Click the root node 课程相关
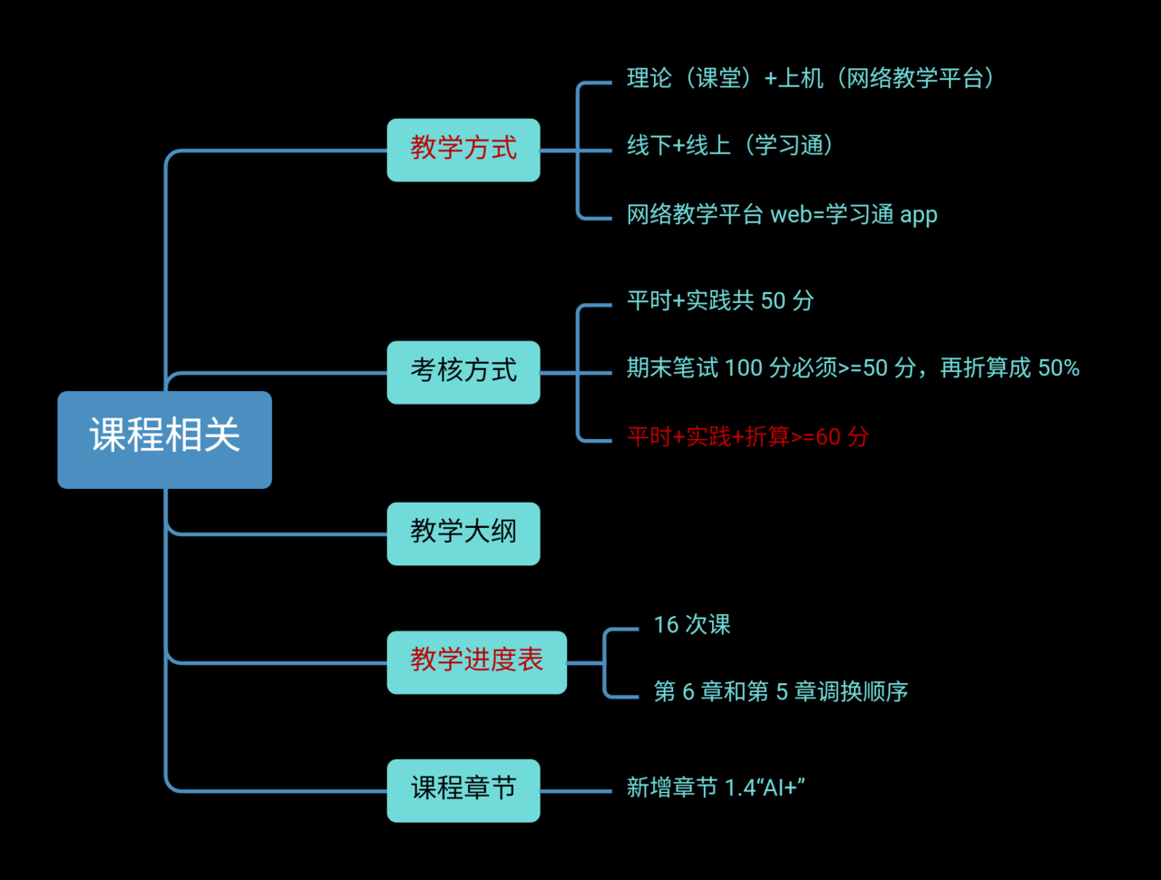click(164, 439)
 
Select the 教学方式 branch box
click(463, 150)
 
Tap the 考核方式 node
click(463, 372)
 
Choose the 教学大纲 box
click(463, 533)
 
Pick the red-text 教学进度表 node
click(476, 662)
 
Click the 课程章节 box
click(463, 790)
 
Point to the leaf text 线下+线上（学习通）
click(730, 146)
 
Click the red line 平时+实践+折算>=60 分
click(747, 437)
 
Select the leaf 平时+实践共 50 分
click(720, 301)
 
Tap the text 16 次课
click(692, 625)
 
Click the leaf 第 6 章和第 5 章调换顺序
click(780, 692)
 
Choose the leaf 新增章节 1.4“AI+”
click(716, 787)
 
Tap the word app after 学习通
click(919, 216)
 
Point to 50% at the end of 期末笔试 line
click(1059, 368)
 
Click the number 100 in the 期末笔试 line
click(744, 368)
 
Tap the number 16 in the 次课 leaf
click(666, 625)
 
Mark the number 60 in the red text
click(828, 437)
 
